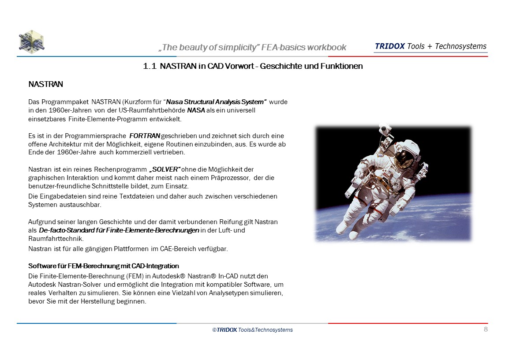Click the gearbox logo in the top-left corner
31,41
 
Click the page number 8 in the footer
486,329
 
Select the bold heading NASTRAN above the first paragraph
46,84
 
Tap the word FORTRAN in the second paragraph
145,136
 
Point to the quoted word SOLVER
165,169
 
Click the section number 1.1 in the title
150,67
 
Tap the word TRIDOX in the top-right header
389,46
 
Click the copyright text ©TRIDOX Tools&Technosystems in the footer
252,330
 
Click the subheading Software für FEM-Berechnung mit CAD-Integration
104,266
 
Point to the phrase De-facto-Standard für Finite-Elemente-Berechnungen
119,230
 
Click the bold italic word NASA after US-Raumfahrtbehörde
196,110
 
